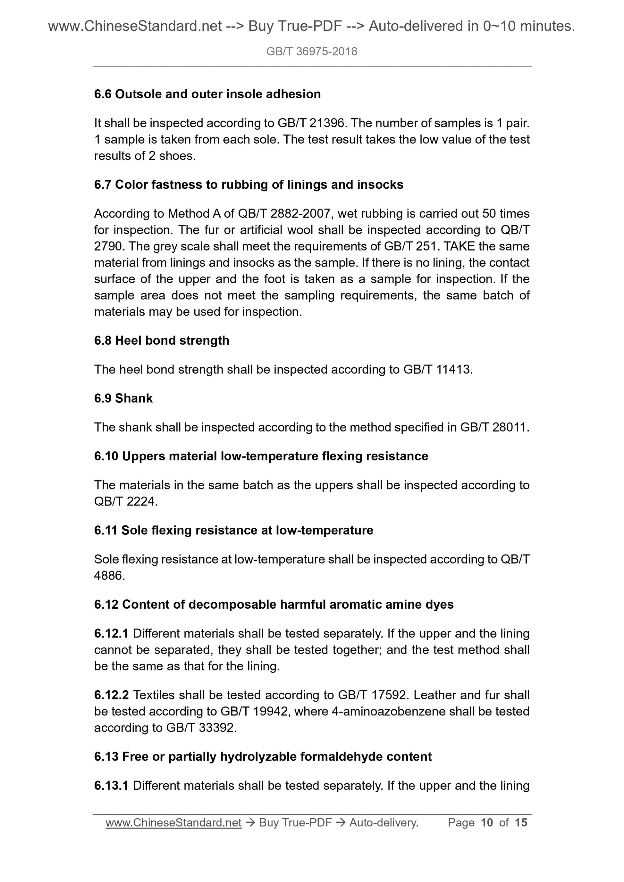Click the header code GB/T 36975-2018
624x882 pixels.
click(x=311, y=52)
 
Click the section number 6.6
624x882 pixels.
click(x=103, y=94)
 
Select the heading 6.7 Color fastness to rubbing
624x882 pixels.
click(x=249, y=185)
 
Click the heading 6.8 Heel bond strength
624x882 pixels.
click(x=162, y=340)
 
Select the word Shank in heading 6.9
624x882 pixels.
click(x=134, y=398)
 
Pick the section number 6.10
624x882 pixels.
click(x=106, y=456)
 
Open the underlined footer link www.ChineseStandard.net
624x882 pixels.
click(x=173, y=822)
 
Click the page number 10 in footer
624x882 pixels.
click(x=486, y=822)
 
